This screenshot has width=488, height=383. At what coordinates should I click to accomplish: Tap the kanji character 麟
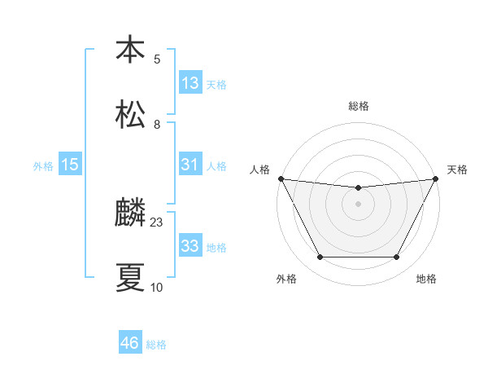click(130, 214)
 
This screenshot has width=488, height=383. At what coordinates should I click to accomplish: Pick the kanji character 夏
click(130, 279)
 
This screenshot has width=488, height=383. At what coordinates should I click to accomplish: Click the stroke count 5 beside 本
click(157, 59)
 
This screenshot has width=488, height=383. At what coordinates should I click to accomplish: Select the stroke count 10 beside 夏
click(157, 288)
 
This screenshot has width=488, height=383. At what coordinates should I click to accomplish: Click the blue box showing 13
click(190, 83)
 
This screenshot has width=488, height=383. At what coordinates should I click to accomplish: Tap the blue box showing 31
click(190, 165)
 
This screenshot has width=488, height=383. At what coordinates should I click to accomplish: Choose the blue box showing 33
click(190, 246)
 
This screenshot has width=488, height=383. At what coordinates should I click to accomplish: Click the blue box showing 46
click(130, 343)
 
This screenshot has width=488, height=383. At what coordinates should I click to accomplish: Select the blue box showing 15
click(70, 165)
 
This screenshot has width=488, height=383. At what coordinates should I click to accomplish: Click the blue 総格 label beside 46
click(156, 345)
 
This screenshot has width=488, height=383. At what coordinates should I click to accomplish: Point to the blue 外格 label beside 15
click(43, 166)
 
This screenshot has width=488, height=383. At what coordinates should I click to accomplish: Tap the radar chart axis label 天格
click(457, 169)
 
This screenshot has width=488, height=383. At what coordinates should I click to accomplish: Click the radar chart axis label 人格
click(259, 169)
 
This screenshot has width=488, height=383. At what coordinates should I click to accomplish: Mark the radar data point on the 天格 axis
click(436, 178)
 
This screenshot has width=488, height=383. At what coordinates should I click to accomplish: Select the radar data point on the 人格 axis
click(281, 178)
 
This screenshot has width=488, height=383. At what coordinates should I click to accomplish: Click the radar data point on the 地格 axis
click(397, 258)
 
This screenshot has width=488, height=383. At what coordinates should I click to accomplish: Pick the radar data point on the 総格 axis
click(359, 188)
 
